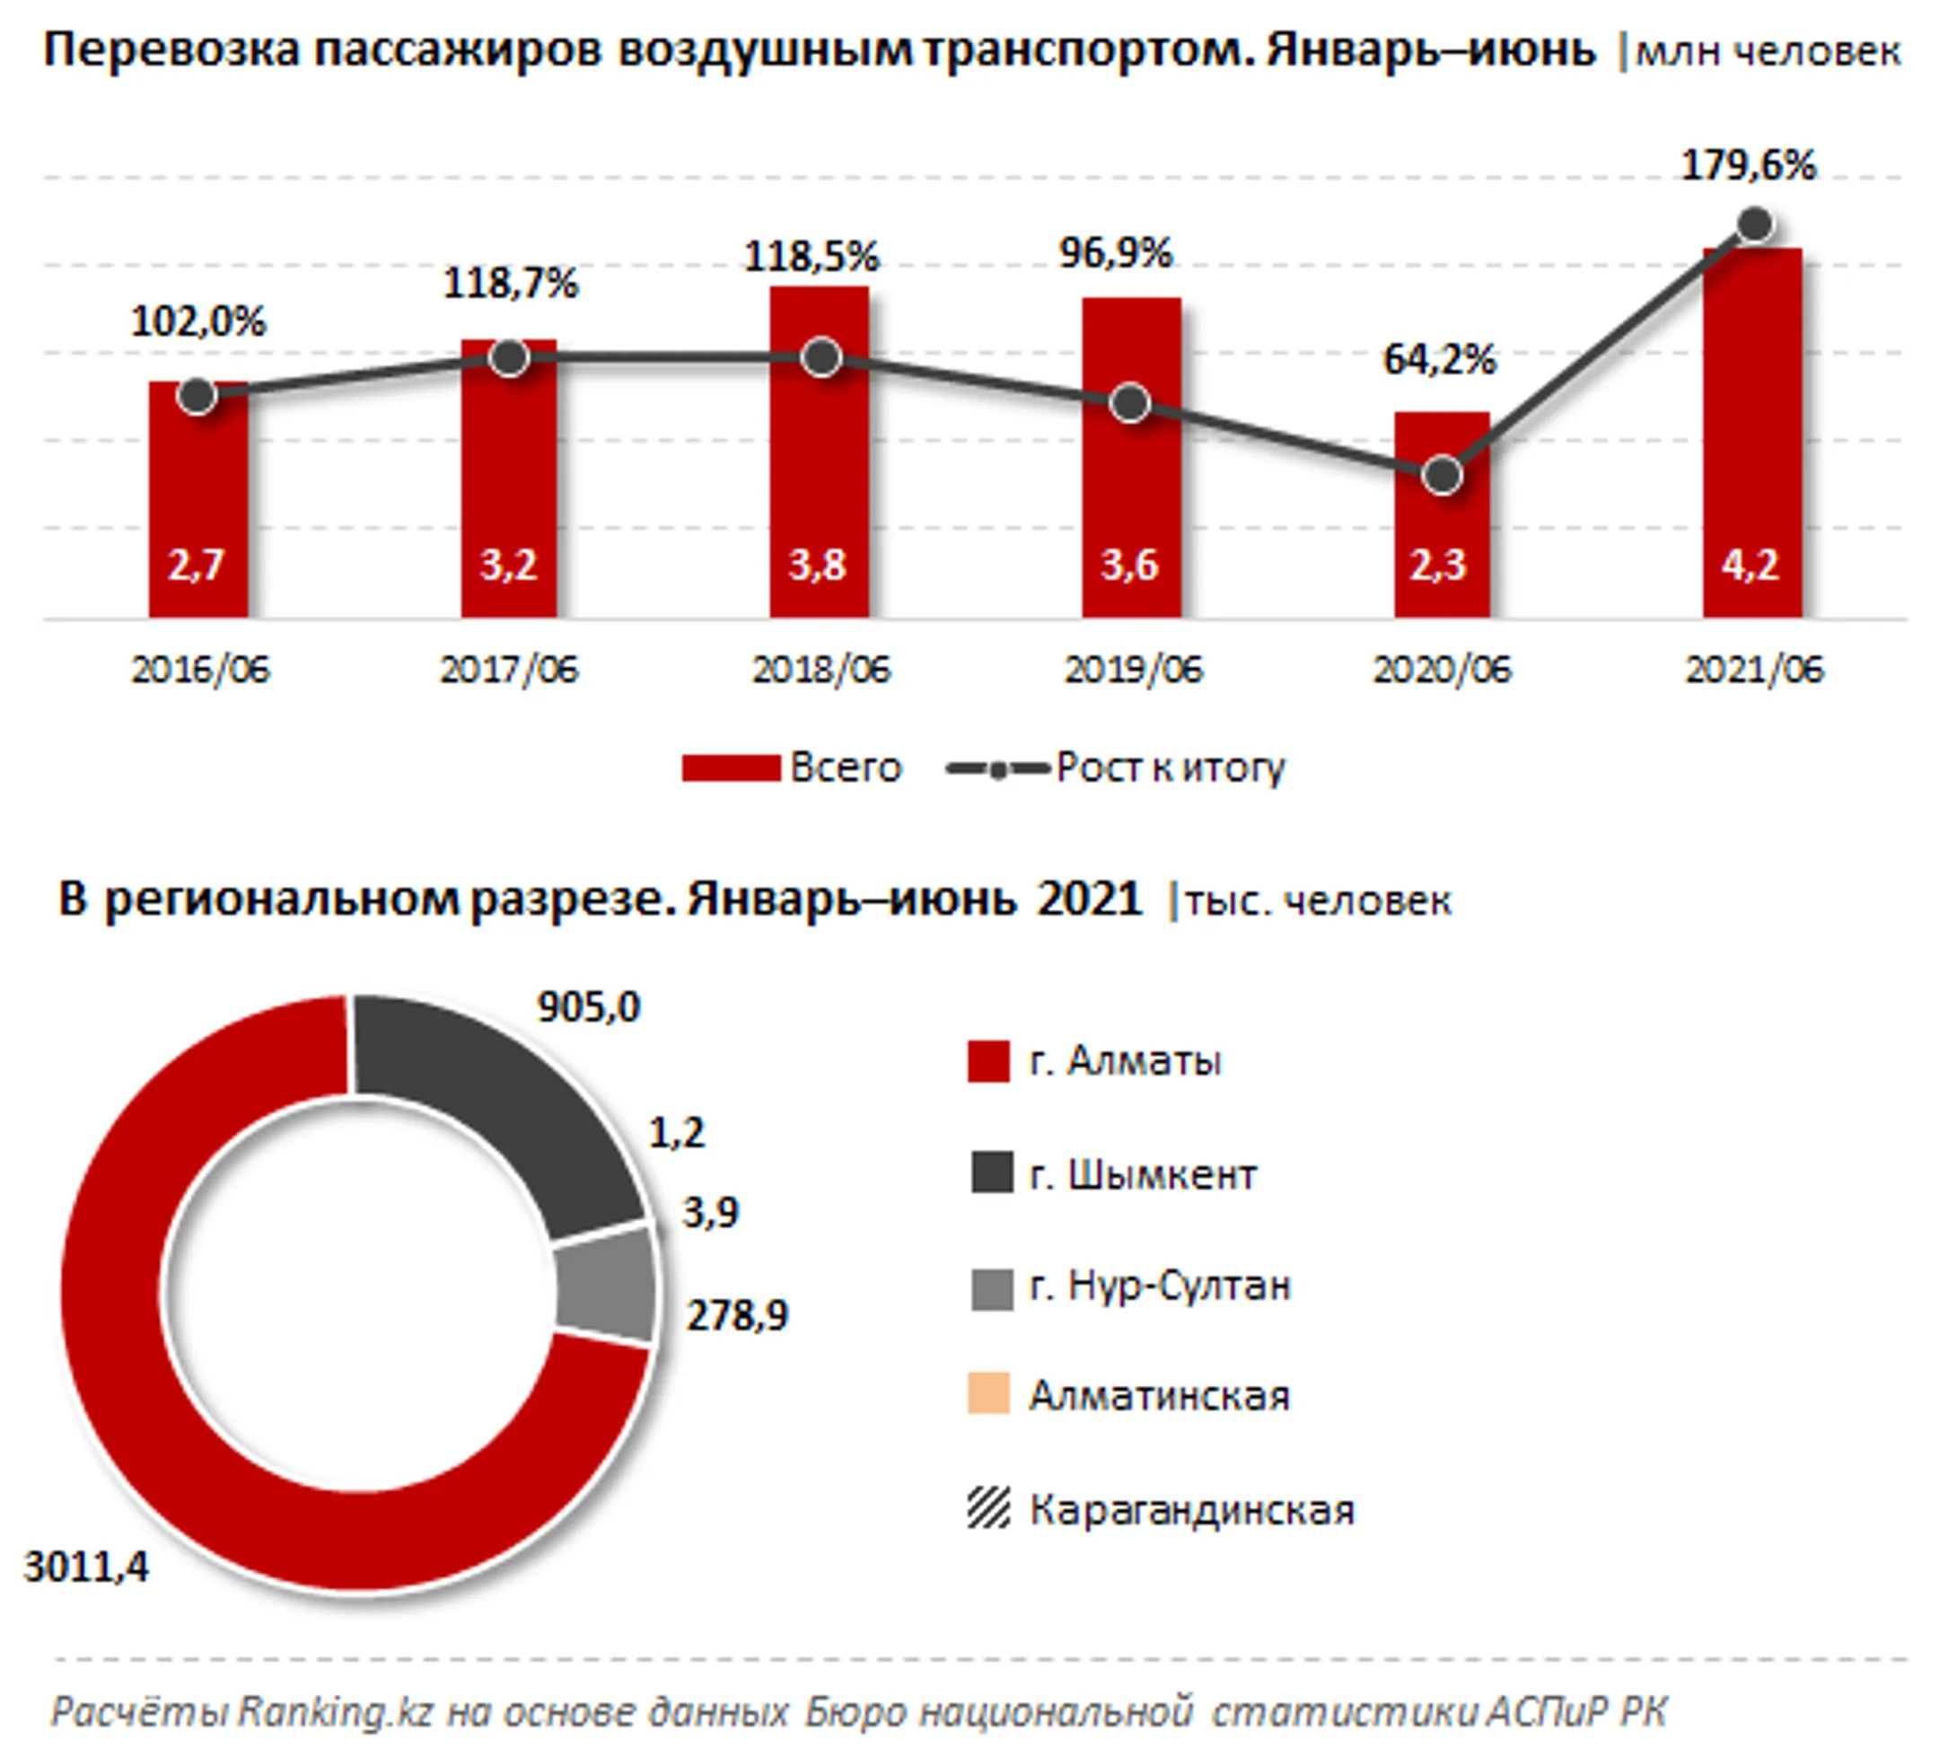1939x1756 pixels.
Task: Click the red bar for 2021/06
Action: click(x=1752, y=433)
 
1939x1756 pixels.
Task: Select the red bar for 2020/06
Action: click(x=1442, y=514)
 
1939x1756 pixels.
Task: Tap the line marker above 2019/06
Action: click(x=1130, y=403)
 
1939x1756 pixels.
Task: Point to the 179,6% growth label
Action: click(x=1749, y=165)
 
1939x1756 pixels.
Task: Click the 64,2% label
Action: click(x=1440, y=359)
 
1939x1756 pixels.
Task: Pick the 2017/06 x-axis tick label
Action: click(x=509, y=670)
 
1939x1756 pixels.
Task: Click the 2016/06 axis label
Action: click(x=200, y=670)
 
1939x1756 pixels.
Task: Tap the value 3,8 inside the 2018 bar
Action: click(x=818, y=565)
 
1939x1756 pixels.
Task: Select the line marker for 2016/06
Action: click(x=197, y=395)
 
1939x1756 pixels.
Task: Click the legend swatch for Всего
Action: click(x=731, y=768)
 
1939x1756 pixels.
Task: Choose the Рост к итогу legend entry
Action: click(x=1116, y=768)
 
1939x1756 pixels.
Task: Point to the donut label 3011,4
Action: click(x=86, y=1567)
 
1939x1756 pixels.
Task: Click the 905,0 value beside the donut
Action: click(x=589, y=1007)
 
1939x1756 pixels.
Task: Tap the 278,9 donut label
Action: click(x=737, y=1314)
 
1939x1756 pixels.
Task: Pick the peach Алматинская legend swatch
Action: click(x=988, y=1393)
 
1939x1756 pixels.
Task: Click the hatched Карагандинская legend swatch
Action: click(x=988, y=1507)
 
